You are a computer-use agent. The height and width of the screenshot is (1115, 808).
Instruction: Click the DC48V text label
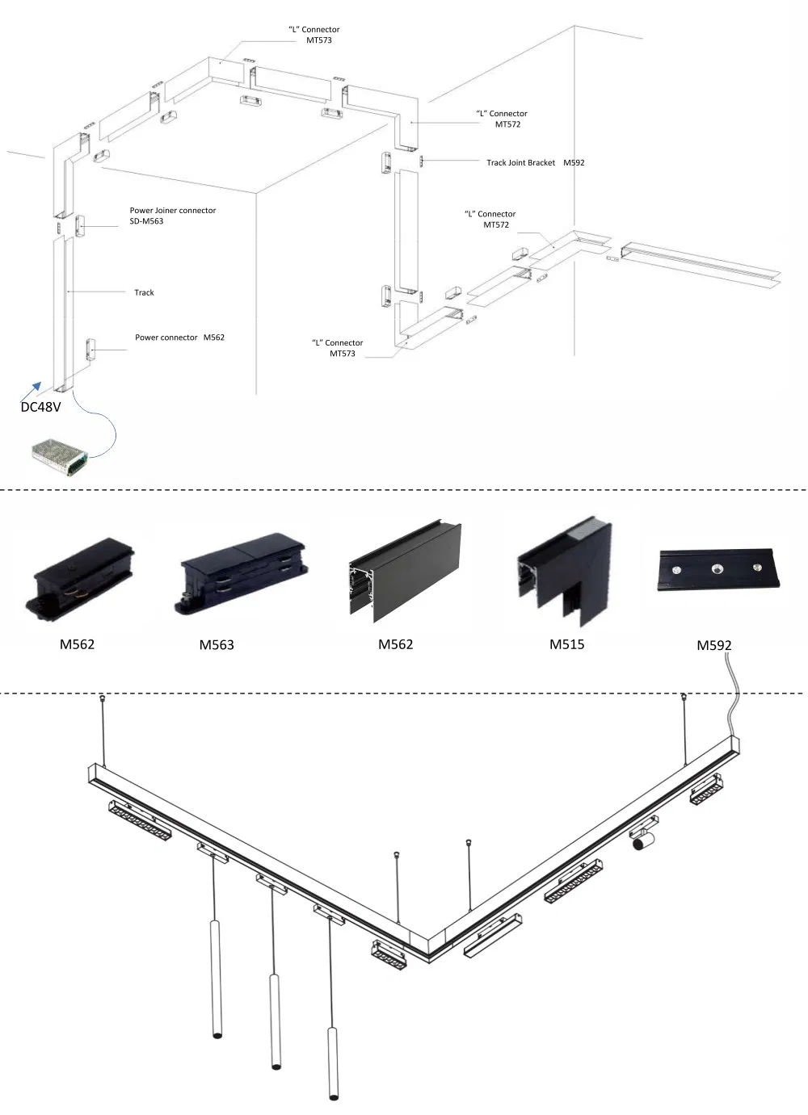(40, 407)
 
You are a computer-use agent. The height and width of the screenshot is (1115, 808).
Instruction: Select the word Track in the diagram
(144, 292)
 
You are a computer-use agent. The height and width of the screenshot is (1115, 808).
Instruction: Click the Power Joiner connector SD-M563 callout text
(172, 216)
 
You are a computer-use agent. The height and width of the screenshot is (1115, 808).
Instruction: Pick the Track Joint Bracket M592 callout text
(535, 162)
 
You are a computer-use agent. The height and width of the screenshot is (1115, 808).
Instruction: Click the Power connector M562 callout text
(179, 337)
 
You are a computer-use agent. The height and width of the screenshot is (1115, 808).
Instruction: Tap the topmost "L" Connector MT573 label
(314, 35)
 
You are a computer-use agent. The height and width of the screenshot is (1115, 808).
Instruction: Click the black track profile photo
(405, 571)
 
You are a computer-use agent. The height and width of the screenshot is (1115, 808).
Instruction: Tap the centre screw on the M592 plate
(716, 568)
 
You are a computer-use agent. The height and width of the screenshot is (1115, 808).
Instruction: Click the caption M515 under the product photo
(566, 644)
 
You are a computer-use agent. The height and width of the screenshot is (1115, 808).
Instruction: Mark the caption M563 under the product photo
(217, 645)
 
